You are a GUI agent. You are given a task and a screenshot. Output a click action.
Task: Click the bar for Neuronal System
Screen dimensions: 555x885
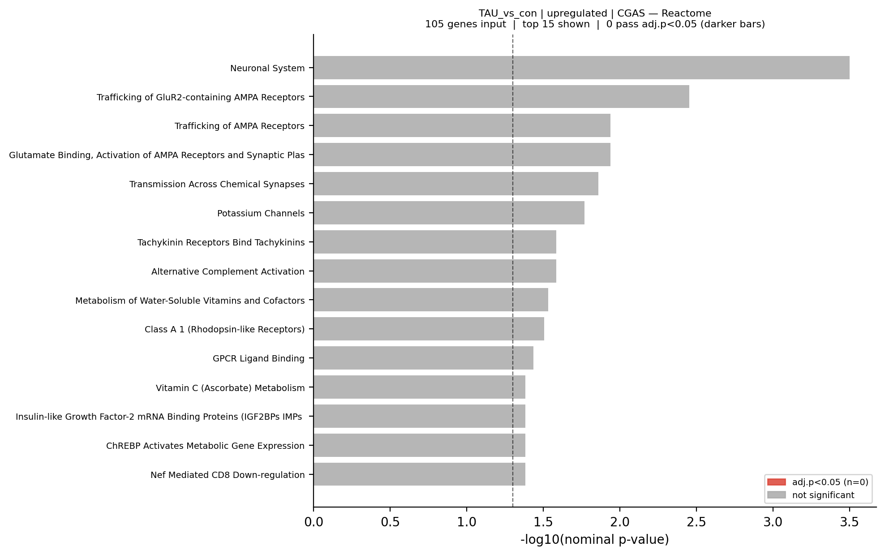point(581,68)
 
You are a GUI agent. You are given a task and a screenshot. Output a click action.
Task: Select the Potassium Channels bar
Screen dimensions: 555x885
point(449,213)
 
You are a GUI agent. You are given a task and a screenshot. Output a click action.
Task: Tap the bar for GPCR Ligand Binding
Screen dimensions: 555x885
point(423,358)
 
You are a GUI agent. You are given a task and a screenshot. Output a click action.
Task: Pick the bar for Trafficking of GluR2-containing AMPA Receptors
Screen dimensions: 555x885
point(501,97)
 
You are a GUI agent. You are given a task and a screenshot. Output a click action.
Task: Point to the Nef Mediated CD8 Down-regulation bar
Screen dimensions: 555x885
point(419,474)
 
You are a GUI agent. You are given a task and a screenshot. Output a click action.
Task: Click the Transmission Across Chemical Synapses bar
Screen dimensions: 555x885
point(456,184)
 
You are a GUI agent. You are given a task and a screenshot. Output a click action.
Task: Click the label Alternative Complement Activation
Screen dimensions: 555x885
point(228,271)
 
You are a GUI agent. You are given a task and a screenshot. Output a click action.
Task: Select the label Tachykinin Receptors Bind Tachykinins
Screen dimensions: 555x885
point(221,242)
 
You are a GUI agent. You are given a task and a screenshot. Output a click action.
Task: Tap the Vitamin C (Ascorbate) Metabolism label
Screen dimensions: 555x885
point(230,388)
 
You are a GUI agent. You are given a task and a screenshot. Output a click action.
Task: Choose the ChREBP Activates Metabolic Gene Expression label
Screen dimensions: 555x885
point(205,446)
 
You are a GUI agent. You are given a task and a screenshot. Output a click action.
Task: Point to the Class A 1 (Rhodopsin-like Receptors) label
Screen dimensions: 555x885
point(224,330)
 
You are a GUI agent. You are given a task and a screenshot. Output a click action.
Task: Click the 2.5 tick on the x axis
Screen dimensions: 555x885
point(696,522)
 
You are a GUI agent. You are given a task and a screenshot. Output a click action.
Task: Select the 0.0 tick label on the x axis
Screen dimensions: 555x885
point(314,522)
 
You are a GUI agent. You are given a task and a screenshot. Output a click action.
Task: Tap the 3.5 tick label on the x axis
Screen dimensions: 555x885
point(849,522)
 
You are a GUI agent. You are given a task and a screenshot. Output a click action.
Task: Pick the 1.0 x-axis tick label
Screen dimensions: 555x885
point(467,522)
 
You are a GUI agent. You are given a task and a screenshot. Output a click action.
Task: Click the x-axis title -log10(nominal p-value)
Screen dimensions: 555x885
point(594,540)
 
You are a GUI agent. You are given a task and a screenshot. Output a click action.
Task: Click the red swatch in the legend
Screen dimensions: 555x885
point(776,482)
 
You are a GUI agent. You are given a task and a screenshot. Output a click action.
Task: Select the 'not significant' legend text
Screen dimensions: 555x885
point(823,495)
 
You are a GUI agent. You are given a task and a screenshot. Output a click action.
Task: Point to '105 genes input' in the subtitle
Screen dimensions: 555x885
point(465,24)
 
